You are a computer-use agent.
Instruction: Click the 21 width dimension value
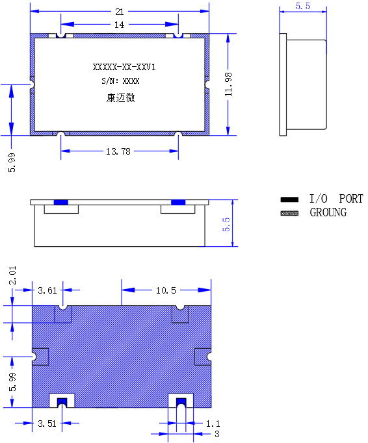(x=120, y=12)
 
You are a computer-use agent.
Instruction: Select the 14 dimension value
(x=119, y=25)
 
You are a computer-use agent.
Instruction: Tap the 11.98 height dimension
(x=229, y=84)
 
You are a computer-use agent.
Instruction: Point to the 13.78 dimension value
(x=118, y=151)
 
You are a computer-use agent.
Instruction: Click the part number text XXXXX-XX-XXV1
(x=124, y=68)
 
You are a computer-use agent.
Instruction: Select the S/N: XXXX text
(x=120, y=81)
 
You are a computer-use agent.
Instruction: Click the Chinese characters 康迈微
(x=120, y=97)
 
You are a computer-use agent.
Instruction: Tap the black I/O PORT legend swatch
(x=289, y=199)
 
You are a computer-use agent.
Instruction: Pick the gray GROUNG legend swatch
(x=289, y=213)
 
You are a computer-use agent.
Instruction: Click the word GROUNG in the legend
(x=328, y=212)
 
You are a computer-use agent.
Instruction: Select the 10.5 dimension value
(x=166, y=290)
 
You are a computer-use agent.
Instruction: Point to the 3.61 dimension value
(x=47, y=290)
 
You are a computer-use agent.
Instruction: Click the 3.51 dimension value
(x=47, y=424)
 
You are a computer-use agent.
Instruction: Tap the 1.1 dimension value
(x=213, y=424)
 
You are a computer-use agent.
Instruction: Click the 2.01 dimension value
(x=13, y=275)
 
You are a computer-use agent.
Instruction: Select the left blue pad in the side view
(x=61, y=202)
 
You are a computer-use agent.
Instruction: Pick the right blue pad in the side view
(x=178, y=202)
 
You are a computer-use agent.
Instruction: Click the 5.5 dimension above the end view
(x=303, y=6)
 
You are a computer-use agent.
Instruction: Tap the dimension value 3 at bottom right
(x=217, y=434)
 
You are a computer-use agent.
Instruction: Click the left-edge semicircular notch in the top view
(x=33, y=84)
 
